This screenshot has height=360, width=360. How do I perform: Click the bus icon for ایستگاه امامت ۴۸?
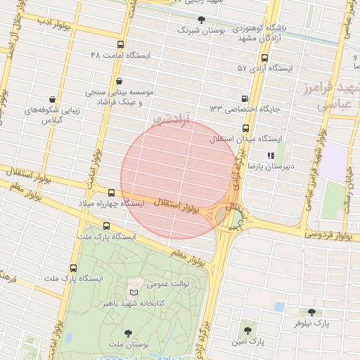click(x=122, y=44)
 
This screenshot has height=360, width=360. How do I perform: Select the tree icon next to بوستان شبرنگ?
click(x=202, y=20)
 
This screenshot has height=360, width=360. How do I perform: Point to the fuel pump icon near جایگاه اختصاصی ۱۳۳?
click(x=245, y=99)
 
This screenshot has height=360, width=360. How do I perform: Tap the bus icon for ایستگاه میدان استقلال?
click(x=245, y=129)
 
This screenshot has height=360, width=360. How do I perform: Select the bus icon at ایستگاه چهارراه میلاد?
click(x=111, y=192)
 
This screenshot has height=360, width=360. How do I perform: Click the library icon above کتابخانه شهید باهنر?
click(x=134, y=292)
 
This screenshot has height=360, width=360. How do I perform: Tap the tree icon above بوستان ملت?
click(x=127, y=333)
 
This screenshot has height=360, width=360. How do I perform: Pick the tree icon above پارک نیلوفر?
click(x=311, y=311)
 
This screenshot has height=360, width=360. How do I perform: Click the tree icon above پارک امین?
click(x=247, y=330)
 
